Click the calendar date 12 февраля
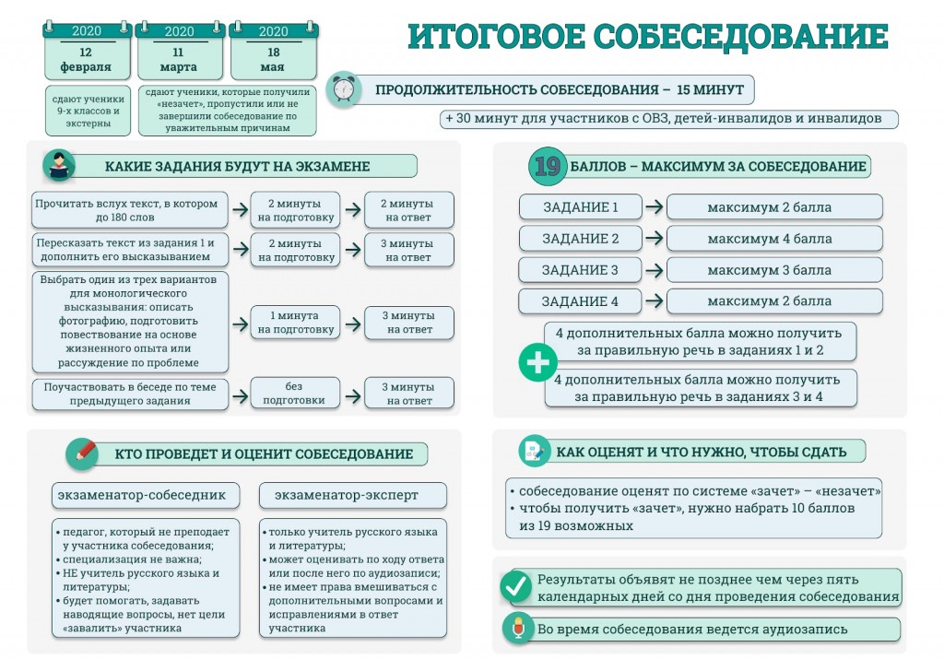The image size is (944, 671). click(x=86, y=59)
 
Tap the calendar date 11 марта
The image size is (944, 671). click(x=179, y=59)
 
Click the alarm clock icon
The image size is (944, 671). click(x=344, y=89)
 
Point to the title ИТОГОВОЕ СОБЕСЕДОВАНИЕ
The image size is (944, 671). click(x=648, y=37)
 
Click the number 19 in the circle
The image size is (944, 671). click(x=548, y=166)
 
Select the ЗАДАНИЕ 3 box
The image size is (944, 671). click(x=580, y=270)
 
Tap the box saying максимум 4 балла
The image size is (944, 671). click(x=774, y=239)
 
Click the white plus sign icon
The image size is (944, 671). click(x=536, y=362)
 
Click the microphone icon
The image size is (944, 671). click(x=517, y=629)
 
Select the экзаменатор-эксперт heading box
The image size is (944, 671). click(x=352, y=495)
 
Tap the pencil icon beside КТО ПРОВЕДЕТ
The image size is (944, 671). click(x=82, y=453)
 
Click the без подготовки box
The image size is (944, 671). click(x=294, y=394)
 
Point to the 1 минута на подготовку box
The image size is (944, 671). click(x=296, y=322)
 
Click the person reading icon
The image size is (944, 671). click(x=59, y=166)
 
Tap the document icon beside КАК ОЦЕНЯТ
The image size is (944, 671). click(x=533, y=451)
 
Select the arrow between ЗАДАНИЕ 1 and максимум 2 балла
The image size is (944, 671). click(x=654, y=207)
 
